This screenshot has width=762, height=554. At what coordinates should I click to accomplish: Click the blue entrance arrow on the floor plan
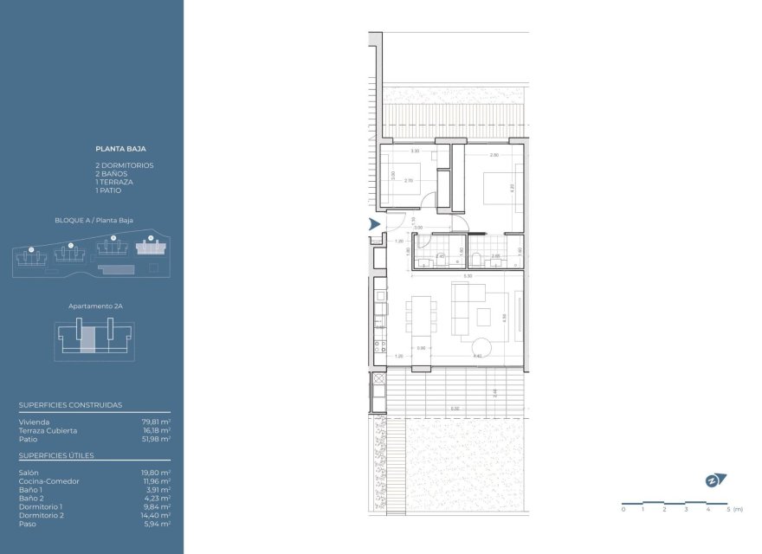[x=374, y=224]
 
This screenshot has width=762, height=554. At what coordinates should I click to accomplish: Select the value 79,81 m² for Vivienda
[x=156, y=422]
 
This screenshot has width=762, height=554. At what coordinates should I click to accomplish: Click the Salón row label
[x=28, y=473]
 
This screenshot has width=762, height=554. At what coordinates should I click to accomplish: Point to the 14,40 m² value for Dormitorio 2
[x=156, y=515]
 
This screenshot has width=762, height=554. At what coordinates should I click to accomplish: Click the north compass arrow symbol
[x=714, y=480]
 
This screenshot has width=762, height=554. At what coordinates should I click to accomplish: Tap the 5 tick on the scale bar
[x=728, y=510]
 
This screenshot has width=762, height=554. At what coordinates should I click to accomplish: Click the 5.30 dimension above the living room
[x=468, y=276]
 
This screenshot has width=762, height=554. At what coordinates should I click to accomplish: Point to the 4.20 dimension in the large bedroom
[x=513, y=186]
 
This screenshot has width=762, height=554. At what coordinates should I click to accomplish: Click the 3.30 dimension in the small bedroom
[x=415, y=151]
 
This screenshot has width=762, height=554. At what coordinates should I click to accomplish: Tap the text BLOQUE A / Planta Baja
[x=94, y=221]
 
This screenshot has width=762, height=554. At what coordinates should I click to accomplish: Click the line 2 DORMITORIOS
[x=125, y=165]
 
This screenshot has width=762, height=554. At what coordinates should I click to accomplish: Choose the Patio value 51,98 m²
[x=156, y=439]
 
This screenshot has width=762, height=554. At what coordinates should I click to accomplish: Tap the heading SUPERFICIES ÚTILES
[x=56, y=455]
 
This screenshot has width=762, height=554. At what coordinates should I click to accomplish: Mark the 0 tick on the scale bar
[x=623, y=510]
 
